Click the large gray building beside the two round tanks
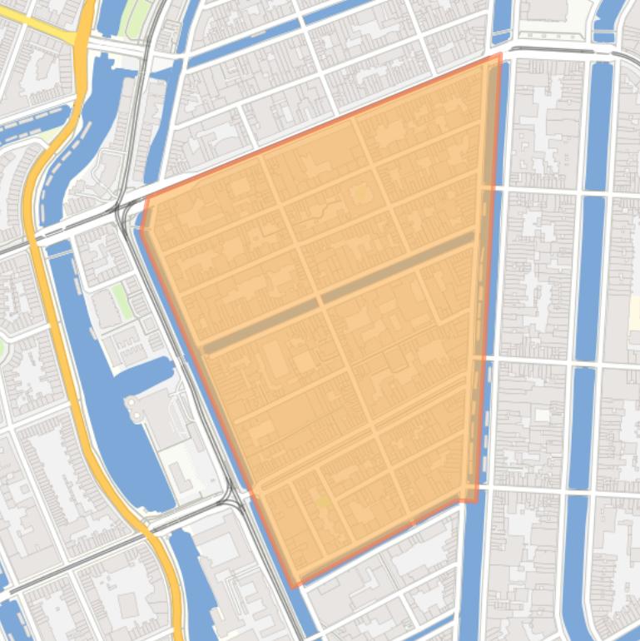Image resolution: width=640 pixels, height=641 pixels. point(161,415)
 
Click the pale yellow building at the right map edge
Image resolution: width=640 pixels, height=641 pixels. point(634,314)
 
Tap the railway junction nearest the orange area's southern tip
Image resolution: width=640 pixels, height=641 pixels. point(237,497)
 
